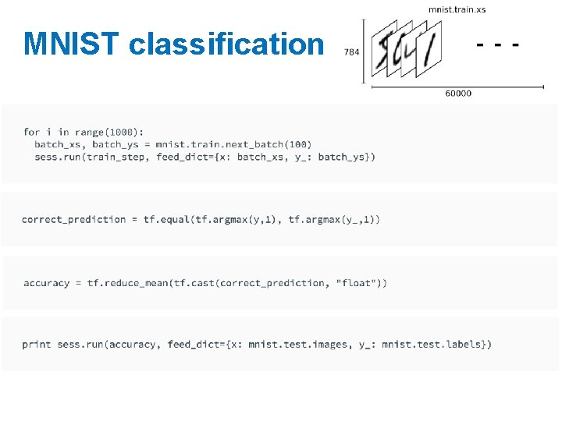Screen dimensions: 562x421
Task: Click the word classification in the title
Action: coord(226,44)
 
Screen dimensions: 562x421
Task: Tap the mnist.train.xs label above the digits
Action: coord(457,9)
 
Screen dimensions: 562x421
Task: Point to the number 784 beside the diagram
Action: coord(351,52)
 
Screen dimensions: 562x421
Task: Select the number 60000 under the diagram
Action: coord(458,94)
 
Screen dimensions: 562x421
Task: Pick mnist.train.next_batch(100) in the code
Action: coord(233,144)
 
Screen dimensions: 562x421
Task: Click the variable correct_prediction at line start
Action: coord(74,220)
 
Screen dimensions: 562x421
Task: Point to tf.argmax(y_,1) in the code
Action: coord(334,220)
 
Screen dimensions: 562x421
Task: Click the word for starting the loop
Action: coord(32,133)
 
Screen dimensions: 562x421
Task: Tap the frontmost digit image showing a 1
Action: coord(429,48)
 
